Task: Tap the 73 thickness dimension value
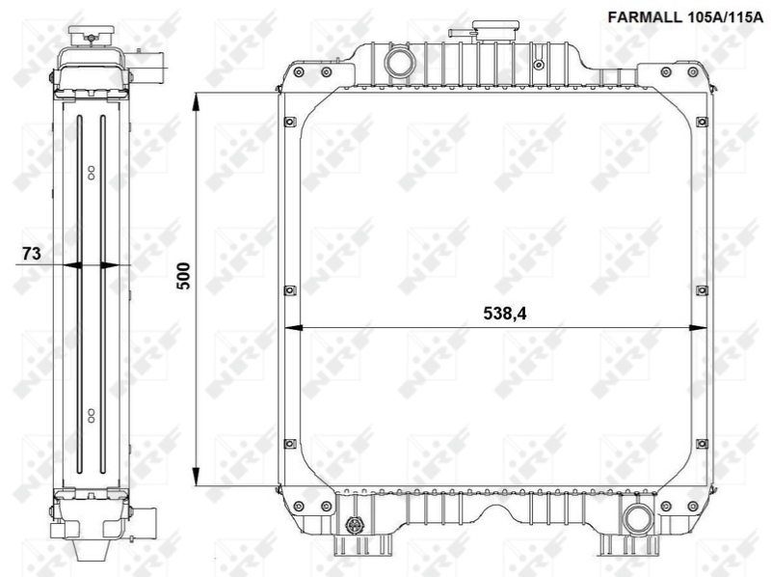(30, 254)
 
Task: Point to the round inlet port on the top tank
(397, 64)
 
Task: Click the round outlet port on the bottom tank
(635, 518)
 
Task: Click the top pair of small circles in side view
(91, 172)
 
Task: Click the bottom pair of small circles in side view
(91, 416)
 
